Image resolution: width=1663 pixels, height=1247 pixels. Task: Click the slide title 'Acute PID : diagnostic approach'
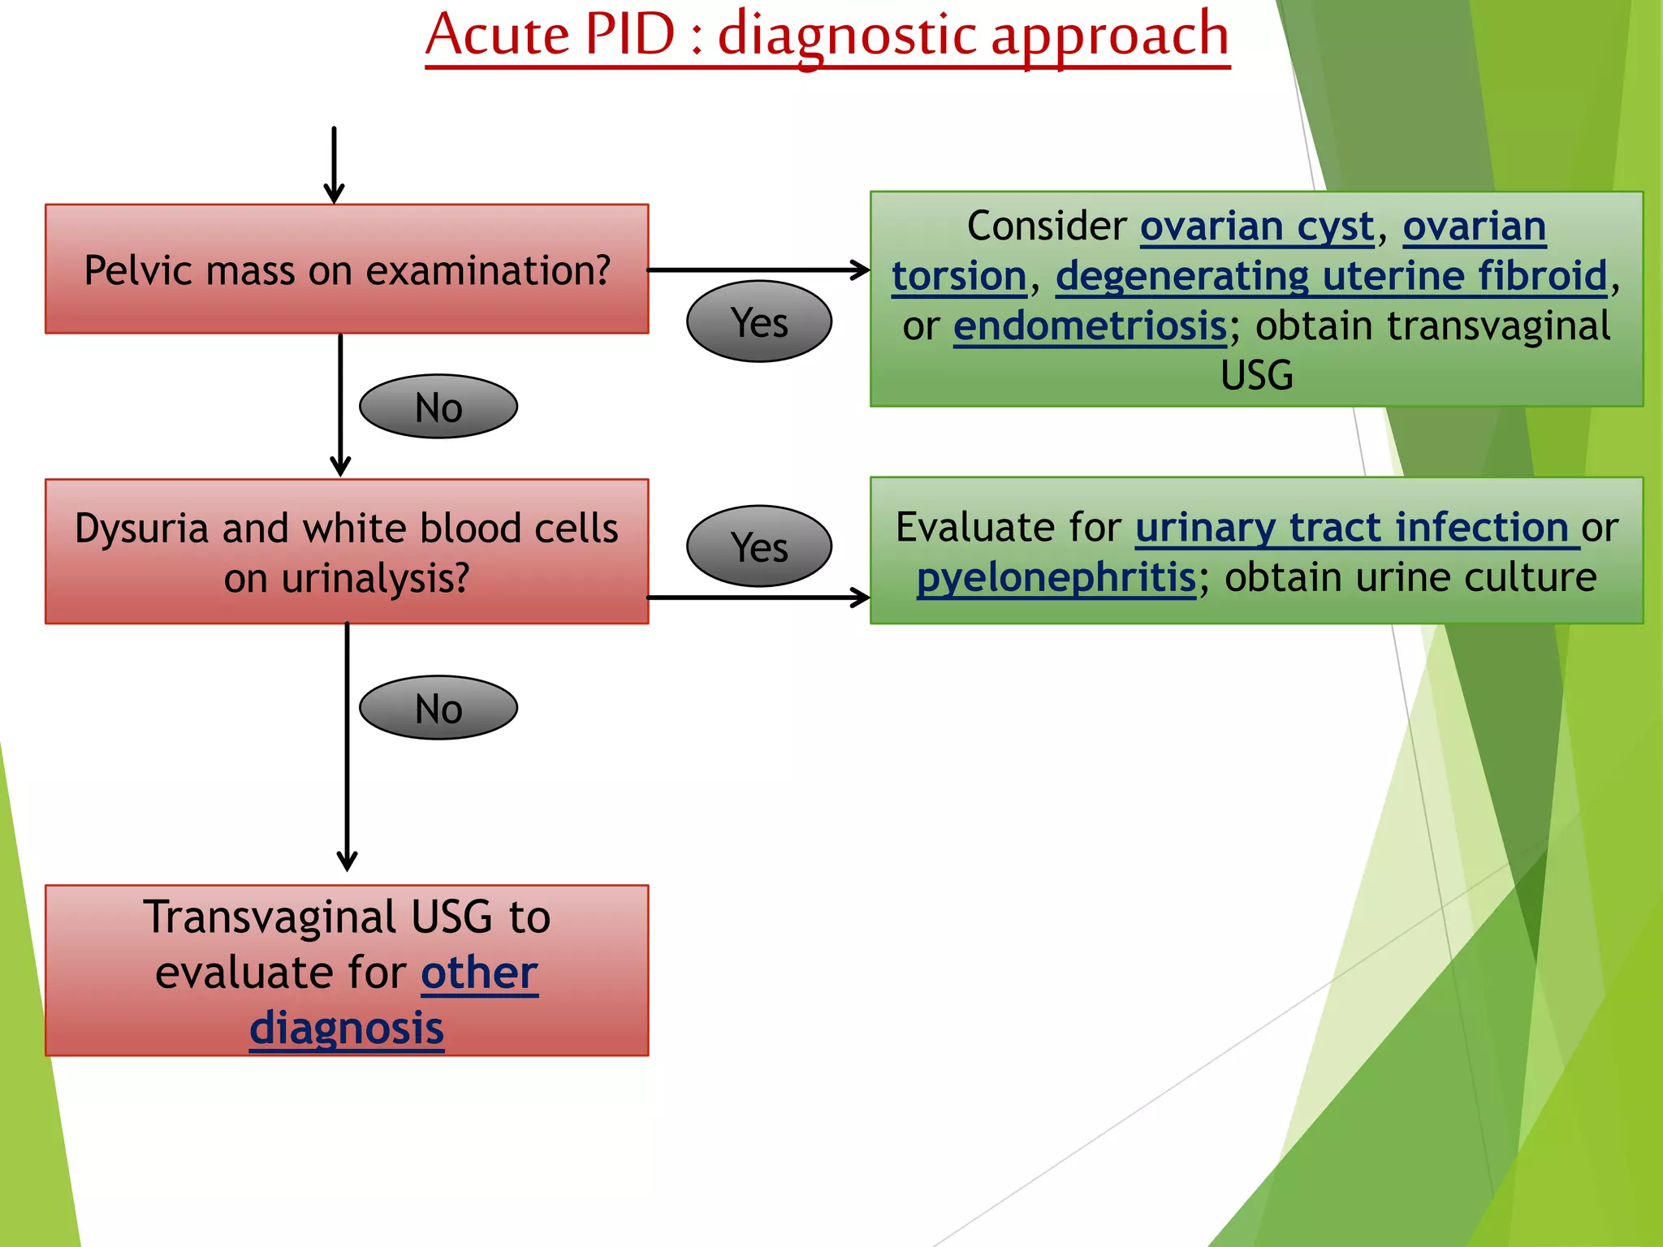tap(827, 36)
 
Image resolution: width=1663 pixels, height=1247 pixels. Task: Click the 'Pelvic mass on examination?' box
tap(347, 270)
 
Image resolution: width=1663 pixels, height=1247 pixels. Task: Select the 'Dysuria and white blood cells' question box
tap(347, 552)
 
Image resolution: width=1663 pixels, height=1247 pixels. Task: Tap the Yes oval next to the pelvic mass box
tap(758, 321)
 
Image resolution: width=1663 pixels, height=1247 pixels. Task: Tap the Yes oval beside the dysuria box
tap(758, 546)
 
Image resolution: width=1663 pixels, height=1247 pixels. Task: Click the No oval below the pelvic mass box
tap(438, 407)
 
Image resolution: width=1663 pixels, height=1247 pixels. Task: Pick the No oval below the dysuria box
tap(438, 708)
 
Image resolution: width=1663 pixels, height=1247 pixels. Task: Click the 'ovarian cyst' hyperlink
tap(1257, 227)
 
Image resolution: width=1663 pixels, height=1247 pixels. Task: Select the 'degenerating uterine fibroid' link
tap(1332, 276)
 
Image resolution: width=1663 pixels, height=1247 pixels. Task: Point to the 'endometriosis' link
tap(1090, 326)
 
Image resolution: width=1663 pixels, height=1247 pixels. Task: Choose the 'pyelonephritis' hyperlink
tap(1056, 578)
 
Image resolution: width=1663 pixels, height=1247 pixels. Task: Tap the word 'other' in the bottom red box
tap(479, 973)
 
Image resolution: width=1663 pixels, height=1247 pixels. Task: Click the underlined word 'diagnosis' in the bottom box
tap(347, 1028)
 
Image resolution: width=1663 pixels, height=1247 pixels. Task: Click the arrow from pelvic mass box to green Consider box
tap(758, 270)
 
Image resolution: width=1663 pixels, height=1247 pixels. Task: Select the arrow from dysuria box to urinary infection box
tap(758, 598)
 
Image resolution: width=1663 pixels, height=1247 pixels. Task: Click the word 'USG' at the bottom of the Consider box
tap(1256, 376)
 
